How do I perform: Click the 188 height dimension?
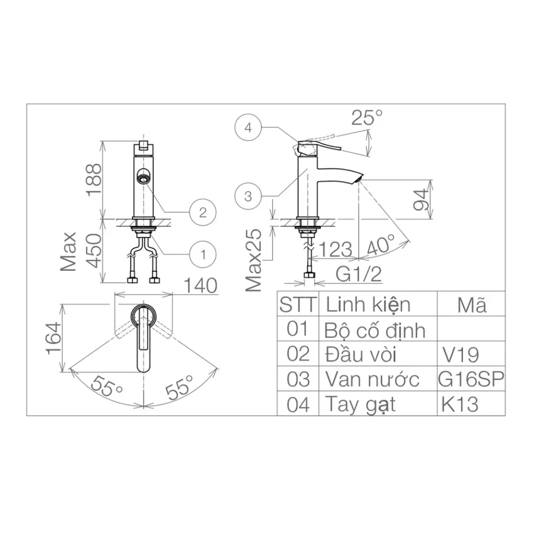[94, 180]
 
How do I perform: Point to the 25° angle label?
[367, 118]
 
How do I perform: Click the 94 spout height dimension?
[420, 200]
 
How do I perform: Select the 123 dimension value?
[335, 249]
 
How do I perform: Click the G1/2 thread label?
[359, 274]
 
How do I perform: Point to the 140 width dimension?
[200, 285]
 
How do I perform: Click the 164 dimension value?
[54, 338]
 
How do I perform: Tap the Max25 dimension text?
[253, 260]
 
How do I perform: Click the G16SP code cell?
[471, 379]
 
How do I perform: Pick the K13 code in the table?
[460, 405]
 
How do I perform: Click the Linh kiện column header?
[368, 305]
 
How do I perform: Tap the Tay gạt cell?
[378, 404]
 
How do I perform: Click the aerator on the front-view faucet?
[143, 177]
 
